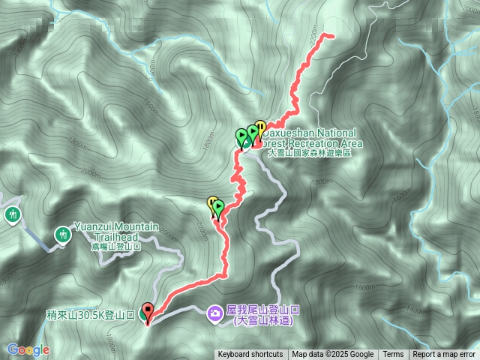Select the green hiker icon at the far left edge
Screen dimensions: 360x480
pyautogui.click(x=12, y=215)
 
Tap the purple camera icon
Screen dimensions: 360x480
pyautogui.click(x=216, y=313)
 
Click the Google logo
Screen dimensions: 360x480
pyautogui.click(x=28, y=349)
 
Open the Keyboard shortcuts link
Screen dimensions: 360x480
pyautogui.click(x=250, y=355)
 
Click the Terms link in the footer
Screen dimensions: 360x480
pyautogui.click(x=393, y=355)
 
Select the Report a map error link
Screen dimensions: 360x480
pyautogui.click(x=445, y=355)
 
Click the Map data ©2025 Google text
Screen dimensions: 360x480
pyautogui.click(x=333, y=355)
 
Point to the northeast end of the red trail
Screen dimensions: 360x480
pyautogui.click(x=328, y=34)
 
